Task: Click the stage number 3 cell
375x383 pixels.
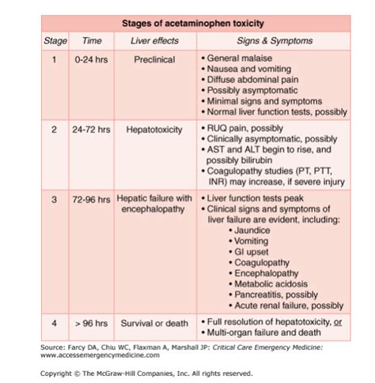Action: [x=54, y=199]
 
